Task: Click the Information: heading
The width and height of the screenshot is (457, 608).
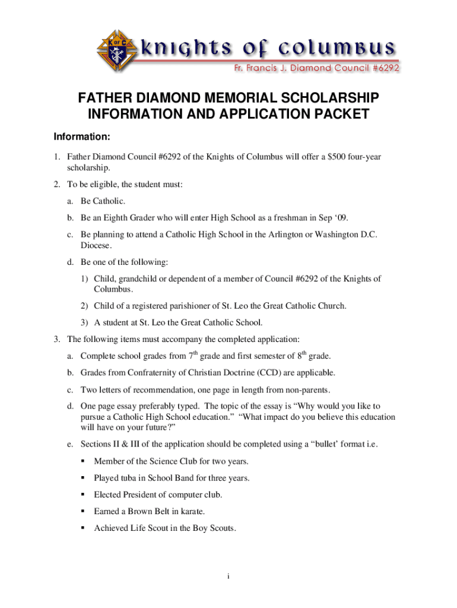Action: [82, 138]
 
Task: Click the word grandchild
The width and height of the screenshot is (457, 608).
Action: [144, 278]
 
